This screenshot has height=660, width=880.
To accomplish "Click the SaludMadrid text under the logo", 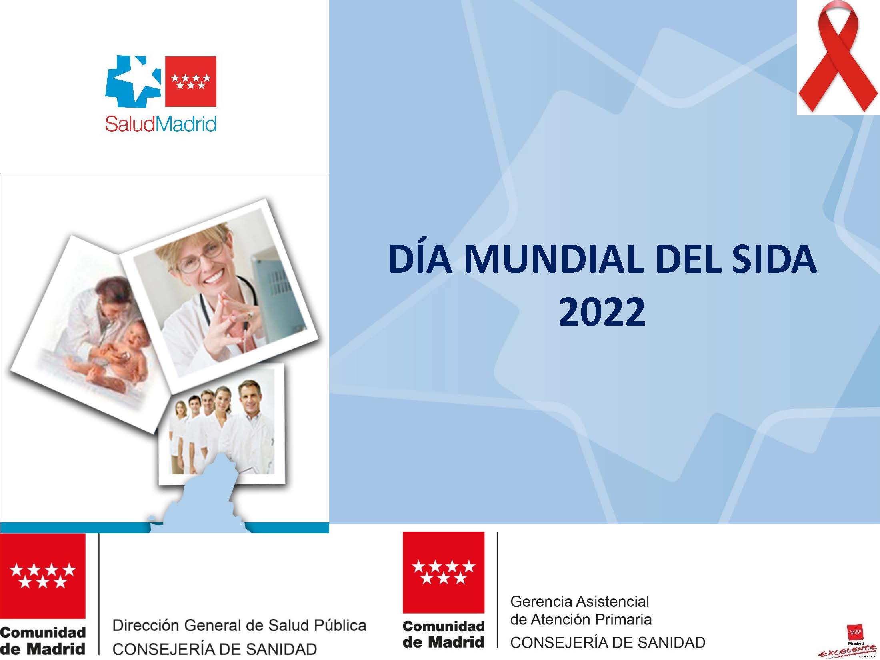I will [x=161, y=124].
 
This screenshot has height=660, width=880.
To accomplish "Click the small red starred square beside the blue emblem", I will [x=191, y=82].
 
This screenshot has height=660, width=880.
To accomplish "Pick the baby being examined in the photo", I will [x=120, y=352].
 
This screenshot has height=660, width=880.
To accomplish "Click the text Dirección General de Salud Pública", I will [x=239, y=625].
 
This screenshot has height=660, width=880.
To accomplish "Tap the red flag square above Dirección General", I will [x=42, y=576].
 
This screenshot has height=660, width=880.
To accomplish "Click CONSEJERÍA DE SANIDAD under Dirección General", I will [x=214, y=649].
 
